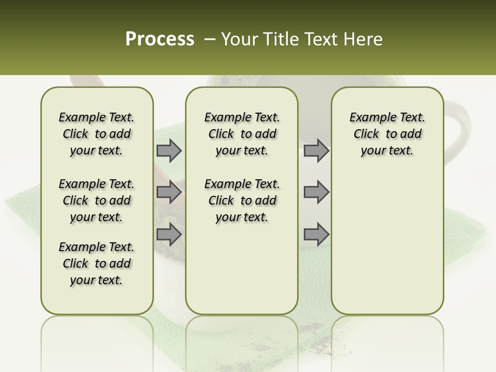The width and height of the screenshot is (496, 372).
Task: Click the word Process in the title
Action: click(x=160, y=39)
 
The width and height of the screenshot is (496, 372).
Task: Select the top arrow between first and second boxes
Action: click(x=169, y=150)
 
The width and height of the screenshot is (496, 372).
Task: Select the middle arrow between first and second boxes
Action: click(x=169, y=192)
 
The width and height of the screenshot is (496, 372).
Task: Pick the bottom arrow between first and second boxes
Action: click(x=169, y=234)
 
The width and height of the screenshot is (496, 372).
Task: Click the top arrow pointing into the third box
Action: click(x=316, y=150)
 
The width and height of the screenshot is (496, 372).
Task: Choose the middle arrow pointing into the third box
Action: click(x=316, y=192)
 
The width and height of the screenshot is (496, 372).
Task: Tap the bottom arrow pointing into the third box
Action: click(x=316, y=234)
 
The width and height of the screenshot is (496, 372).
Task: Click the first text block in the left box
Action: click(x=97, y=134)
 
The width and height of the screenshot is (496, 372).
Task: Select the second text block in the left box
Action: click(x=97, y=200)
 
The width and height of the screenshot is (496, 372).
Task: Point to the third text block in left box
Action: click(x=97, y=263)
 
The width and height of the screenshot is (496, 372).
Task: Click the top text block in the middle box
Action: click(x=242, y=134)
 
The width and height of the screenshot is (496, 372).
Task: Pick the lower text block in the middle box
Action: click(x=242, y=200)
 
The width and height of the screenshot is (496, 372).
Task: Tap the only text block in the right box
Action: click(x=387, y=134)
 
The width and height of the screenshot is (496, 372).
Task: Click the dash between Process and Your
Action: click(x=209, y=40)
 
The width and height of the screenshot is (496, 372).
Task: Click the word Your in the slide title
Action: click(x=239, y=39)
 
